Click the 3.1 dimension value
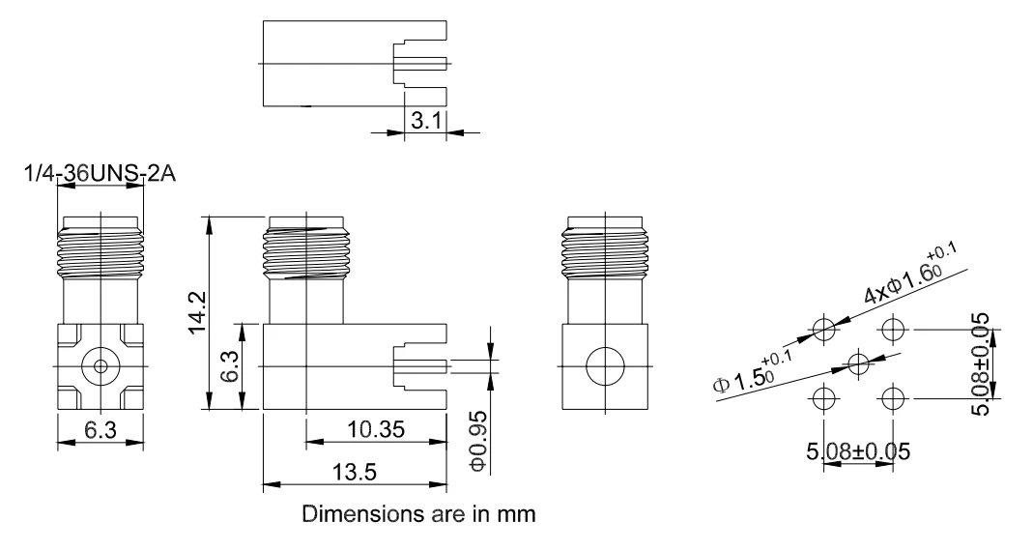tap(425, 121)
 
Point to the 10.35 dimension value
tap(376, 430)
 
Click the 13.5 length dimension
tap(354, 472)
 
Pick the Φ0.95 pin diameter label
tap(478, 442)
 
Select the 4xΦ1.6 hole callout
tap(910, 275)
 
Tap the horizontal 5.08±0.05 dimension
tap(858, 451)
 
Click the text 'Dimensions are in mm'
tap(419, 514)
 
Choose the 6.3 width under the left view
tap(100, 430)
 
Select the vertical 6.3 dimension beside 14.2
tap(231, 366)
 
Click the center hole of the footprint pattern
tap(858, 362)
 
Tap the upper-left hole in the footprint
tap(823, 329)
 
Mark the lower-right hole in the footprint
tap(892, 398)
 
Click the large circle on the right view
tap(606, 366)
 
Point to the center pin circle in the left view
tap(100, 366)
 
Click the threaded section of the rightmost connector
tap(606, 251)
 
